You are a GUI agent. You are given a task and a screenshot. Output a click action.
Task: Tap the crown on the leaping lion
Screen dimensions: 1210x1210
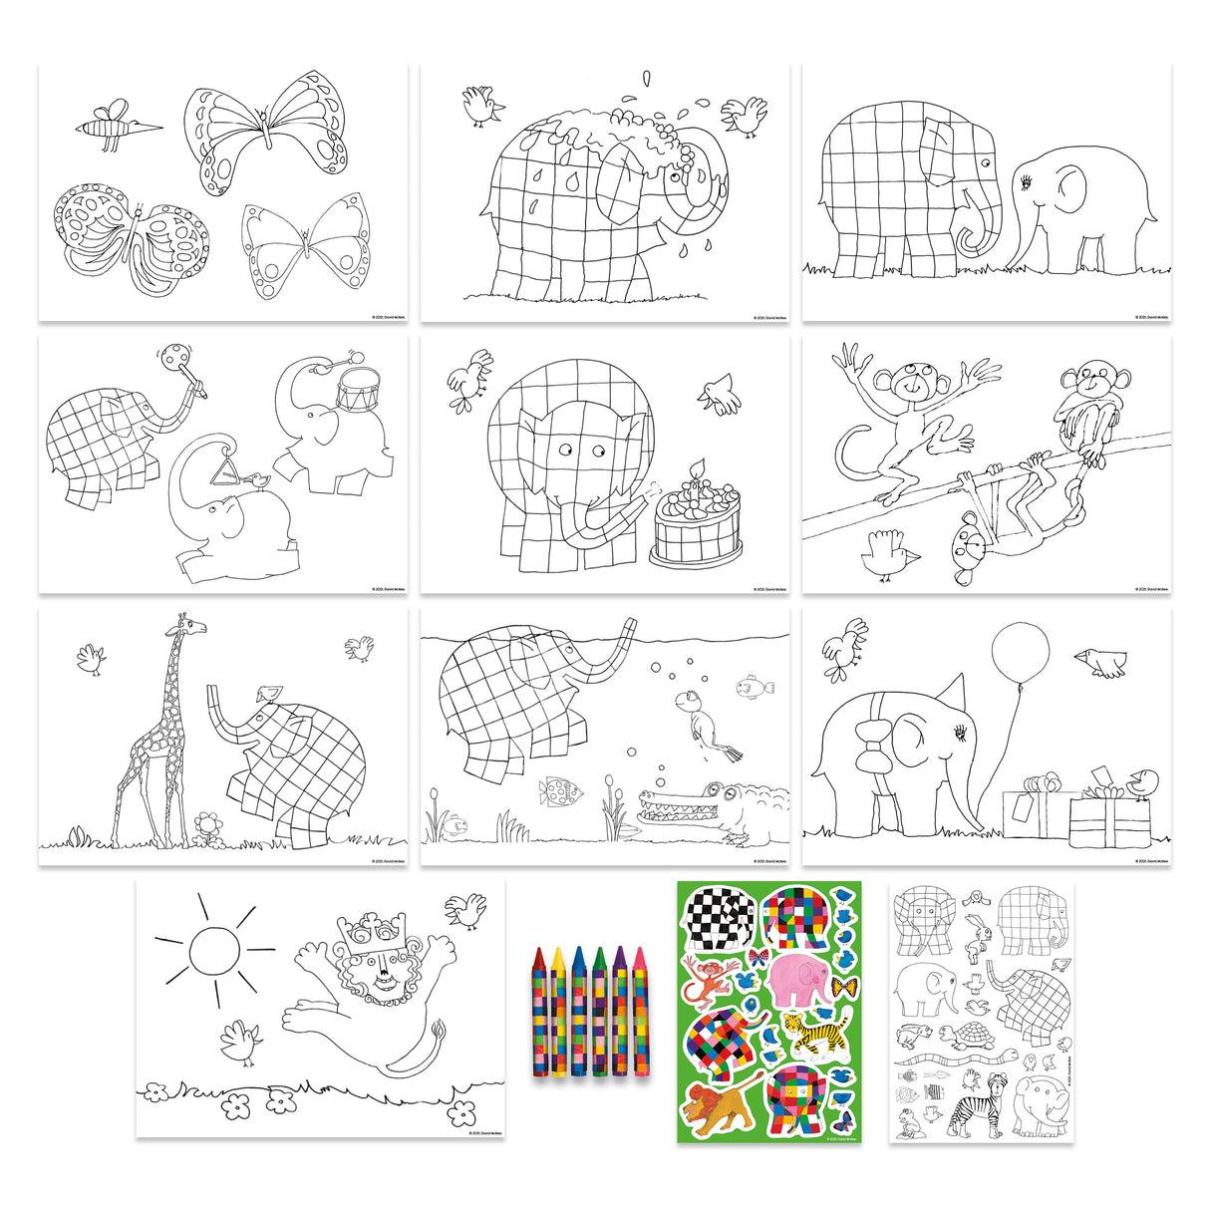click(363, 931)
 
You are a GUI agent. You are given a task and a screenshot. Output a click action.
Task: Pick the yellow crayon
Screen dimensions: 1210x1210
click(558, 1009)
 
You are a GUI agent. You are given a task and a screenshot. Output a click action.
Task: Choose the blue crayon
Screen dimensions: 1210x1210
click(579, 1009)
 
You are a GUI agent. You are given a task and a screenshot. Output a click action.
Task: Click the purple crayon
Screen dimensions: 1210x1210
click(619, 1009)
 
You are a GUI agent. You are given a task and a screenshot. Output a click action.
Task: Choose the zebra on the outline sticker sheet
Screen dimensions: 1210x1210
click(968, 1113)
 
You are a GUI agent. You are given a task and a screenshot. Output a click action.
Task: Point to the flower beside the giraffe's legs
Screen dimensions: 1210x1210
click(207, 825)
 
